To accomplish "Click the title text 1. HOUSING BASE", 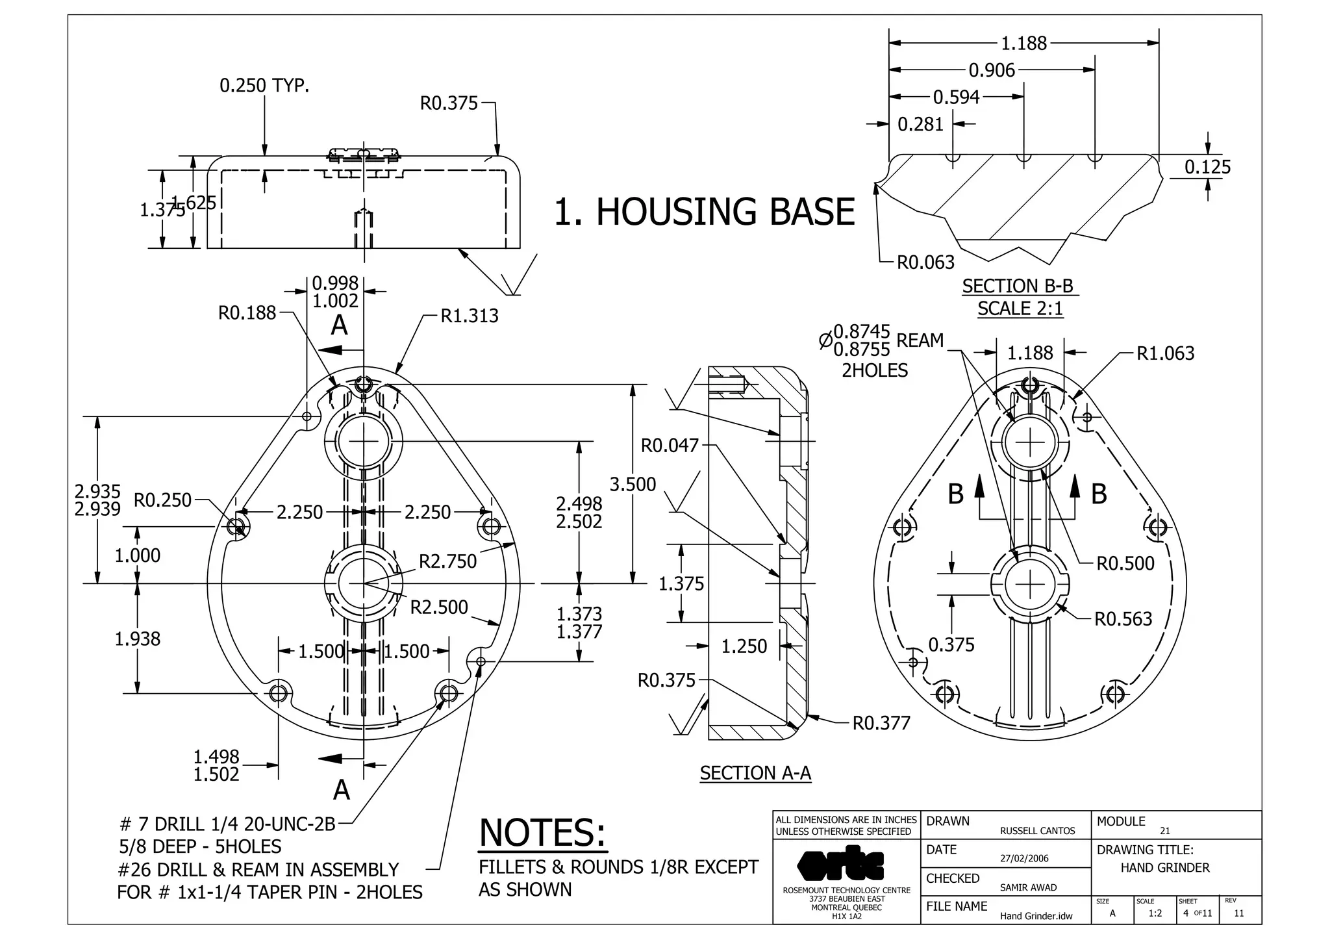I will [x=704, y=212].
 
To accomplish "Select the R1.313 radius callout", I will [x=469, y=316].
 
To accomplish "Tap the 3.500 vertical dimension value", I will [x=633, y=484].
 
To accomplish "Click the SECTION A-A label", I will [x=755, y=773].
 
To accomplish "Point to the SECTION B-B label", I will [x=1018, y=286].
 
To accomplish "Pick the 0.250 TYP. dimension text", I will [x=264, y=85].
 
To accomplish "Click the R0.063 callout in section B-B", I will [x=925, y=262].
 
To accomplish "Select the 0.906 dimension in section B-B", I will [x=992, y=70].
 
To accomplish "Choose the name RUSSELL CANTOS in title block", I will [x=1037, y=831].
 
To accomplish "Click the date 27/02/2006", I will [x=1024, y=858].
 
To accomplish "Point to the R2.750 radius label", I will [x=447, y=561].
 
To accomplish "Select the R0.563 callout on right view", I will [x=1123, y=619].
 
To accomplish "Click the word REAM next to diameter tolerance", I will [x=920, y=340].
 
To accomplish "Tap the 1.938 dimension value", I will [x=137, y=639].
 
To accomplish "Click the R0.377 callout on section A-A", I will [x=881, y=723].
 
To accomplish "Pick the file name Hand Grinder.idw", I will [x=1036, y=916].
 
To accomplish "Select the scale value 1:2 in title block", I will [x=1155, y=913].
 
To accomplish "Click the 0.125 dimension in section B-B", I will [x=1207, y=167].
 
